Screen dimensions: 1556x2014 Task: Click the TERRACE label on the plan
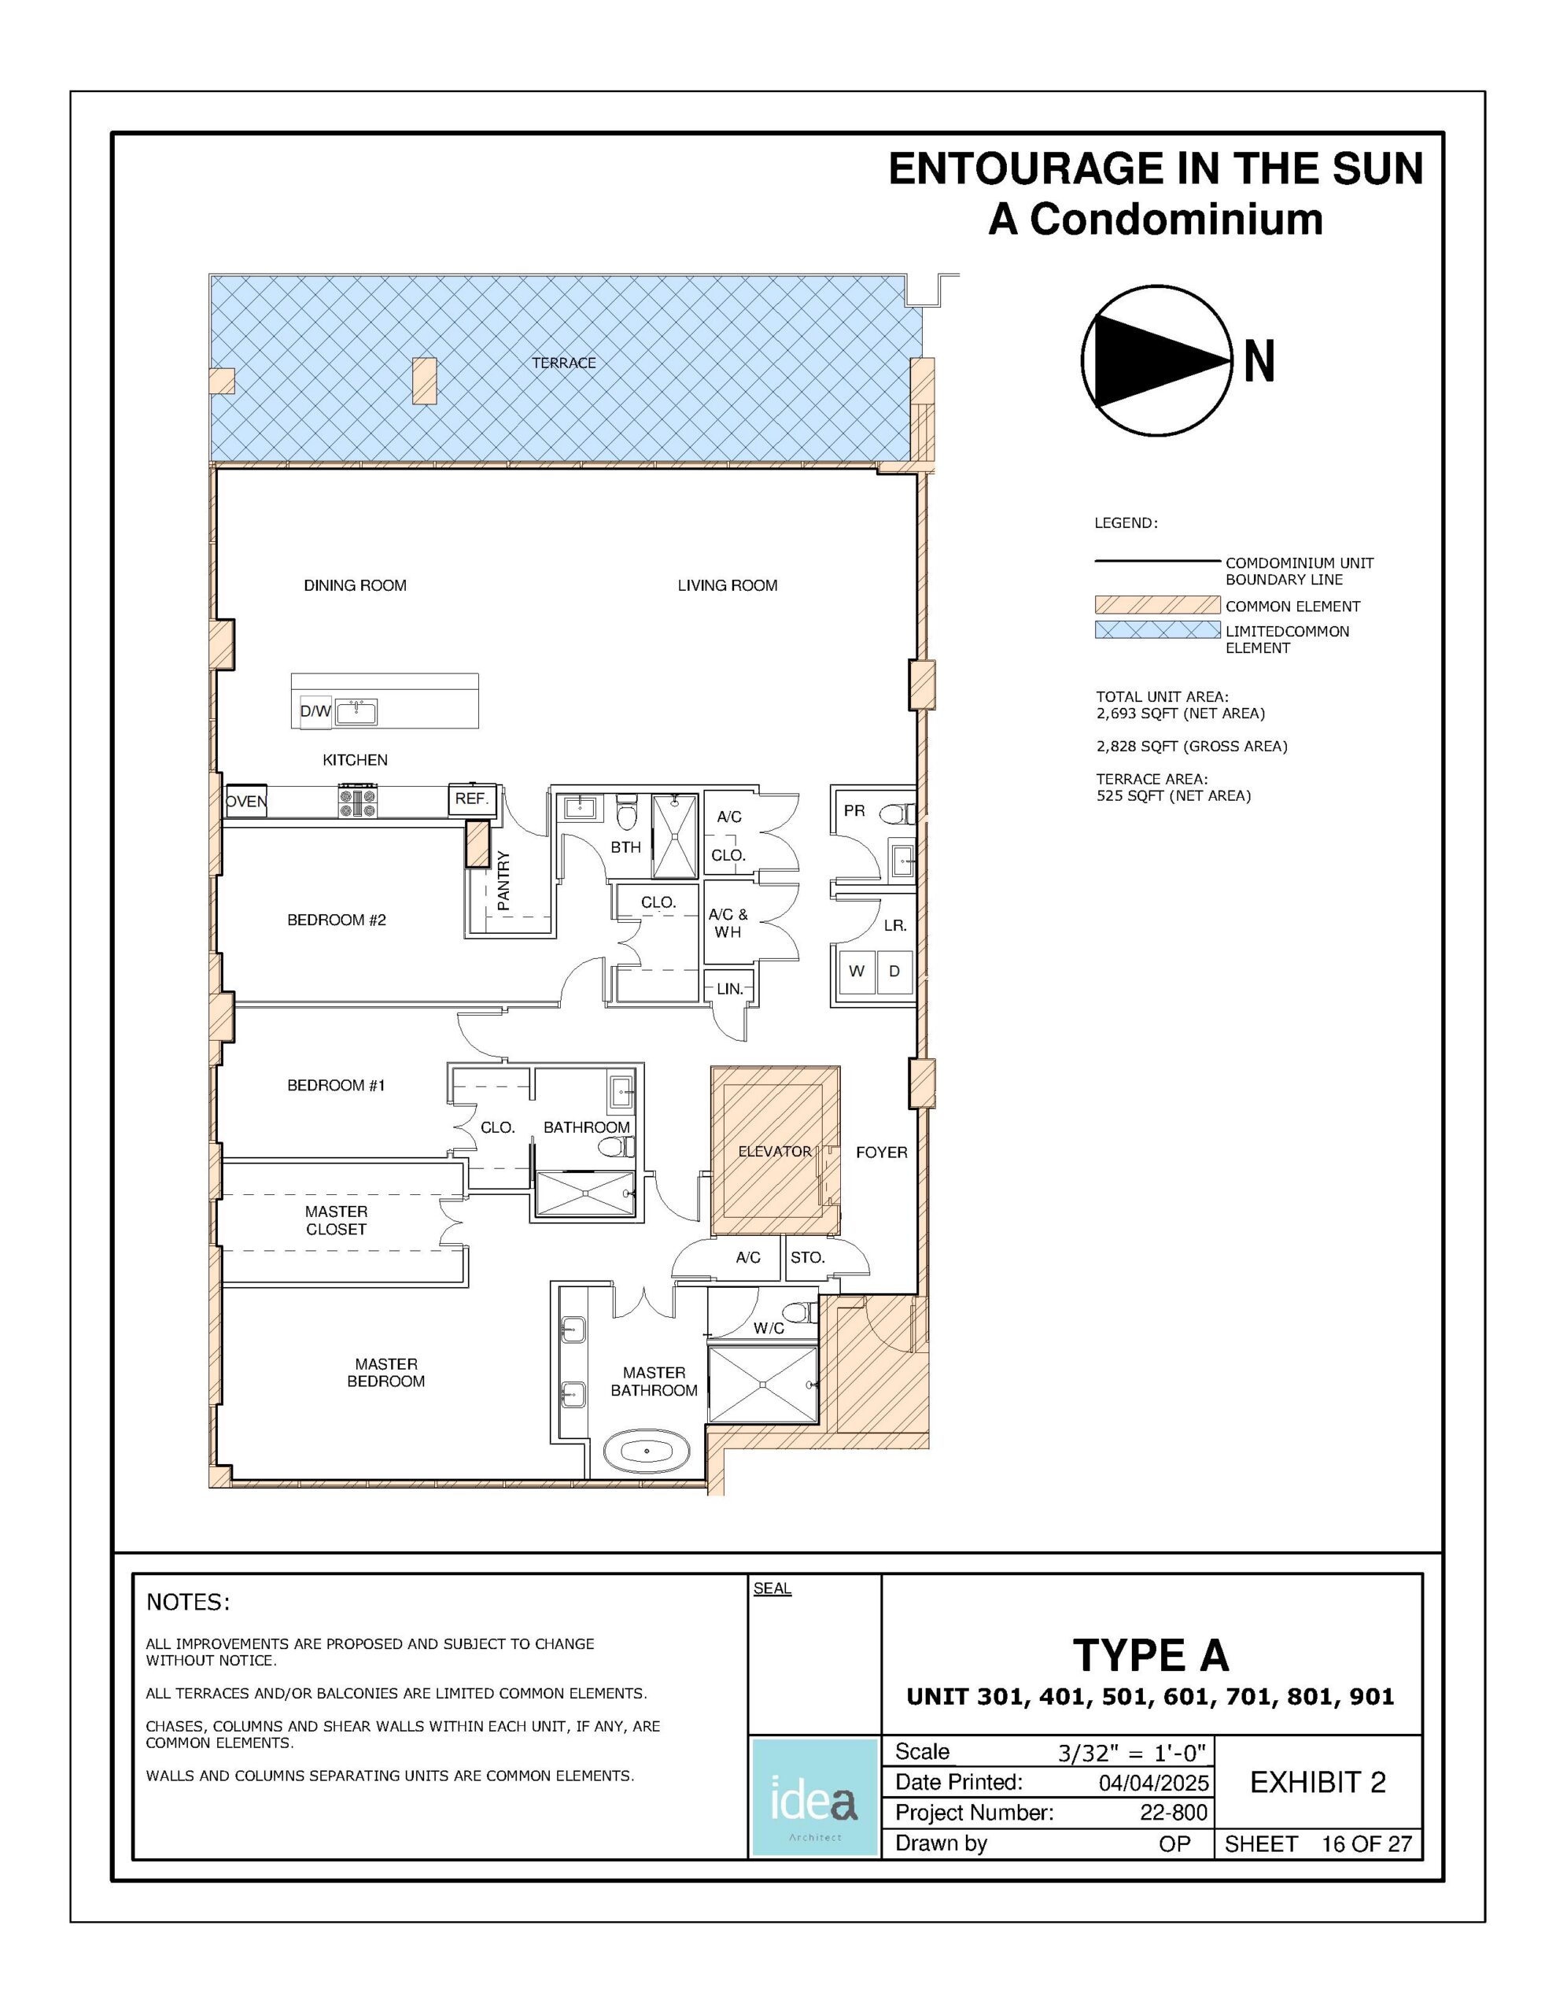(x=563, y=363)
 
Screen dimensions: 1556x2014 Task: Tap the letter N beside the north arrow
(x=1259, y=360)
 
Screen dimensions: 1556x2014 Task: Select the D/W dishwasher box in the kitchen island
(x=315, y=712)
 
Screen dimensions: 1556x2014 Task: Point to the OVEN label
(x=246, y=802)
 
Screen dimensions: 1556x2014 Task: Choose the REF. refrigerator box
(x=472, y=799)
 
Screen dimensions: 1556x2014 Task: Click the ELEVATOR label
(x=775, y=1152)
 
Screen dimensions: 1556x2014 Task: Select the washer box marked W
(x=857, y=972)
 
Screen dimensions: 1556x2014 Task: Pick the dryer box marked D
(x=894, y=972)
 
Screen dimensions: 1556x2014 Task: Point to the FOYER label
(x=882, y=1152)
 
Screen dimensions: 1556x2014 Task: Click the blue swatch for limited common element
(x=1157, y=630)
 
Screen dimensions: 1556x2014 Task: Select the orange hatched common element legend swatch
(x=1157, y=605)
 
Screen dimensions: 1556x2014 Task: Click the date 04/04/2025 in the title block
(x=1153, y=1782)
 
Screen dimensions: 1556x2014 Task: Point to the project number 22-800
(x=1173, y=1812)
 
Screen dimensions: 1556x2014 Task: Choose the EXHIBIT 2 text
(x=1318, y=1783)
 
